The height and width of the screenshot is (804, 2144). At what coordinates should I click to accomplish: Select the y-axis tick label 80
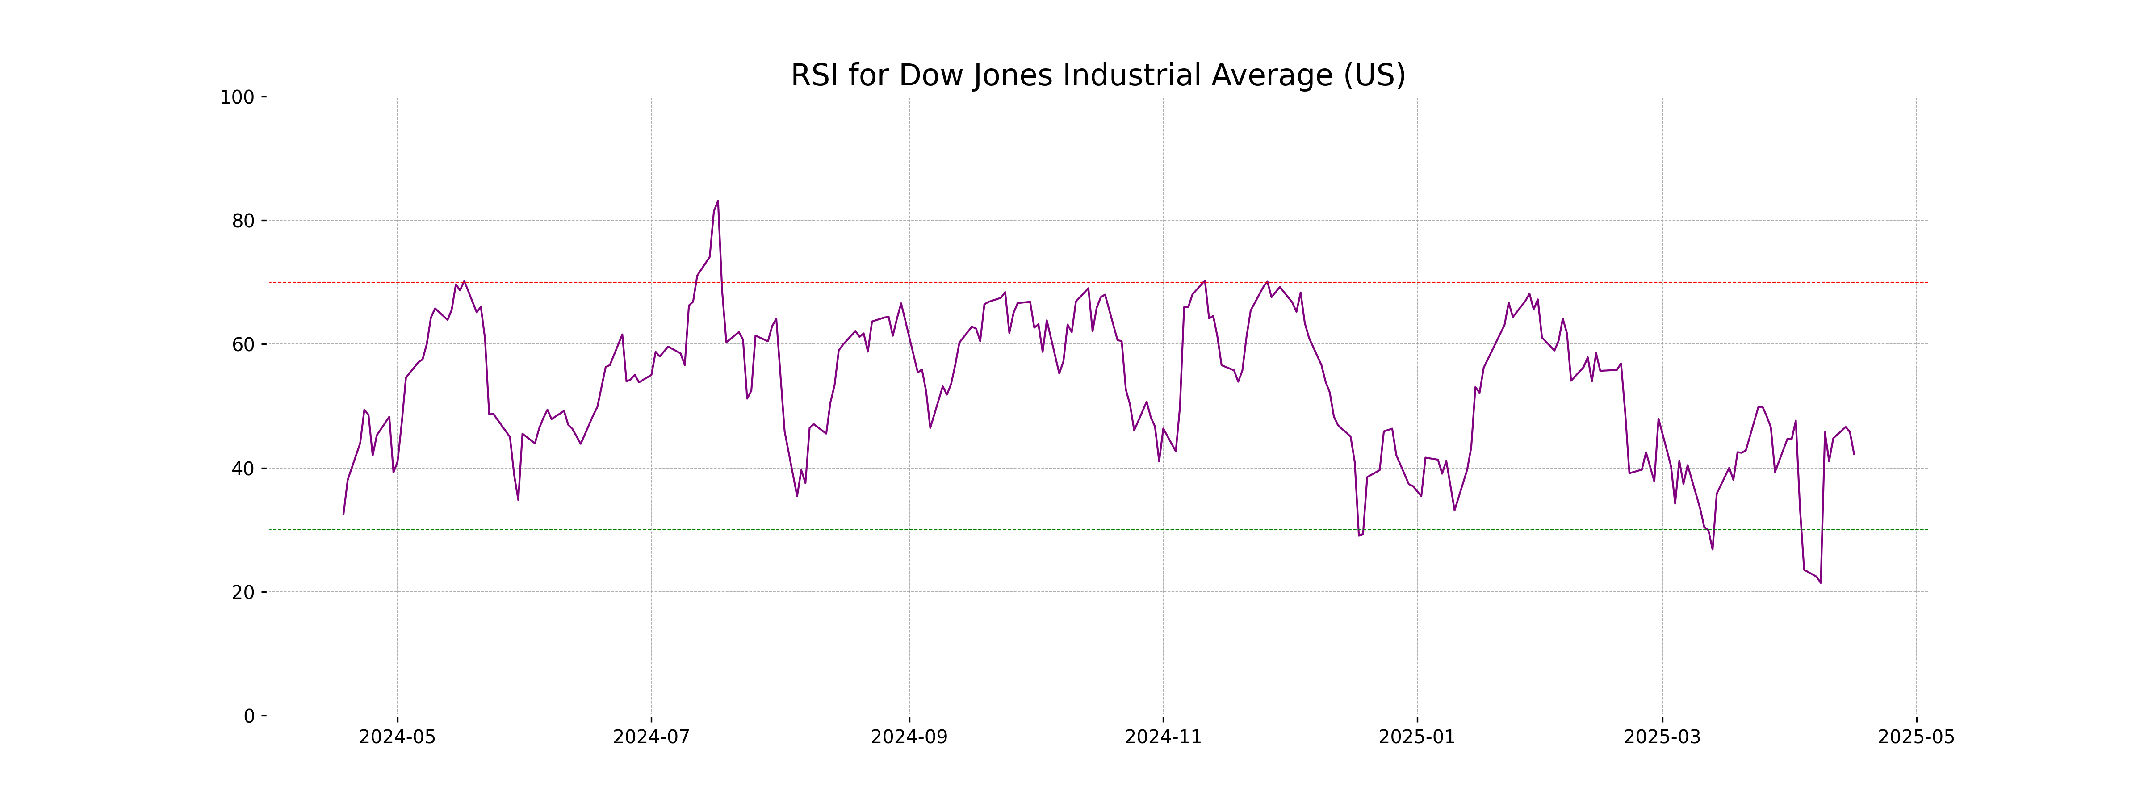tap(243, 222)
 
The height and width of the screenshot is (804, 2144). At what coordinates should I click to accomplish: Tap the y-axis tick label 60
tap(243, 344)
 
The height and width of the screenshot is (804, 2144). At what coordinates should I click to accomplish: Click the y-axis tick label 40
tap(243, 469)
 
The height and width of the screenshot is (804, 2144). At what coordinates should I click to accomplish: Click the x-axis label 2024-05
tap(397, 737)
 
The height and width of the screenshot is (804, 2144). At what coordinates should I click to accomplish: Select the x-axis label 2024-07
tap(651, 737)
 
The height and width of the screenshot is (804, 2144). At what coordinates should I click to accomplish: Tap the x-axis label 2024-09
tap(909, 737)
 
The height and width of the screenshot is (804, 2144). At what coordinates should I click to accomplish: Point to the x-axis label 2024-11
tap(1163, 737)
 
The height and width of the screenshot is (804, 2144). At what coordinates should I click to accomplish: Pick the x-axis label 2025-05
tap(1916, 737)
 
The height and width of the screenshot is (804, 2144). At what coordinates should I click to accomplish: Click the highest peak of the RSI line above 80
tap(717, 201)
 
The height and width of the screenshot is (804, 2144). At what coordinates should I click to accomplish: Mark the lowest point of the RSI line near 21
tap(1820, 582)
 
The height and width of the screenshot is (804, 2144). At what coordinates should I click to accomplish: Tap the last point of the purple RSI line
tap(1854, 454)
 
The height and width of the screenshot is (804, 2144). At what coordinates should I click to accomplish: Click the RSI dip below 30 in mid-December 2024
tap(1358, 535)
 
